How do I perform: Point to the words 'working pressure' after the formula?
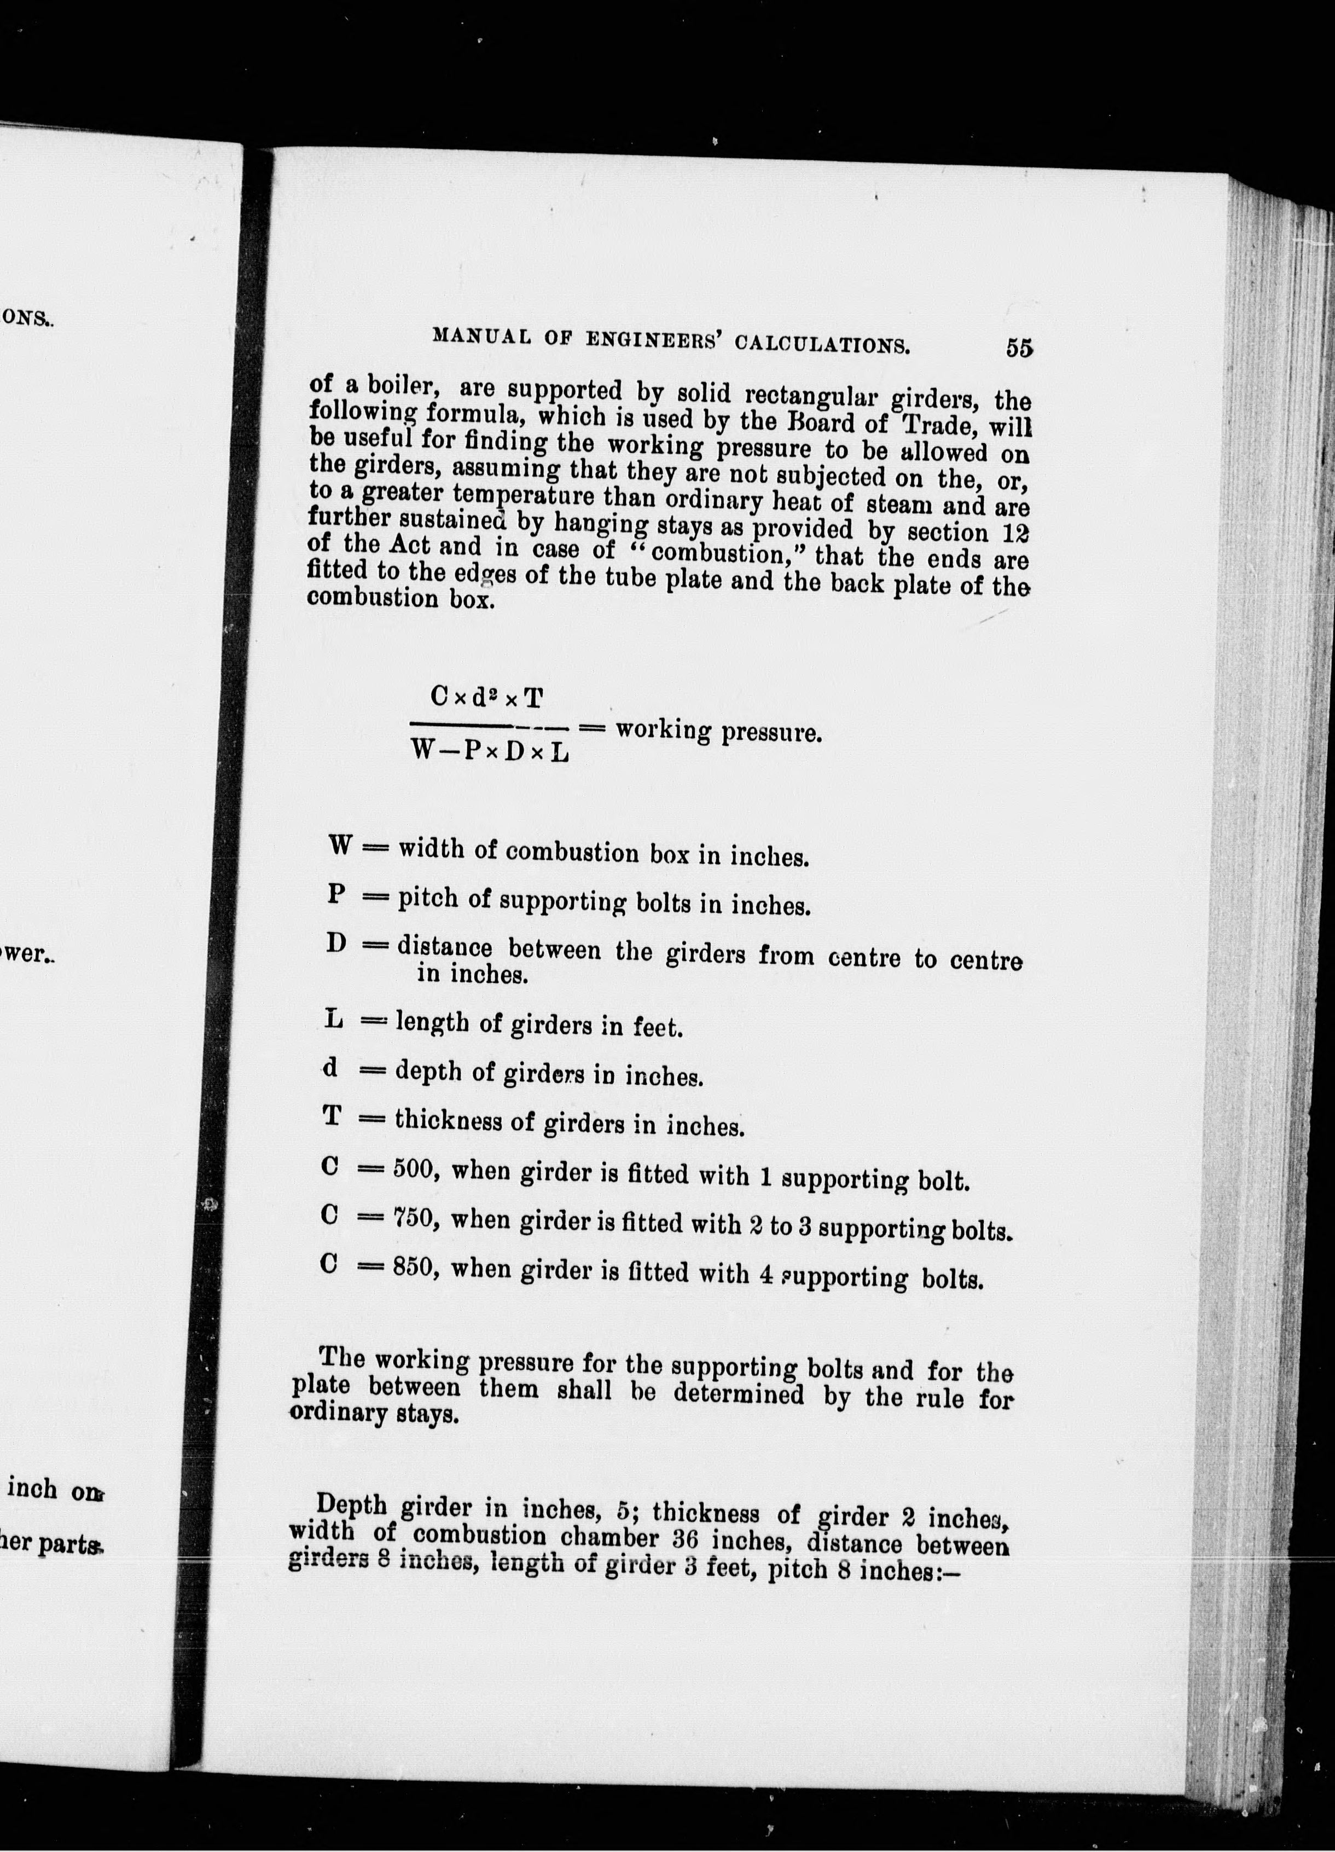tap(718, 731)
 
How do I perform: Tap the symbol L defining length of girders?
tap(332, 1019)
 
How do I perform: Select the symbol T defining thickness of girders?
tap(332, 1115)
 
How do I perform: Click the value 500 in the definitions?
tap(416, 1170)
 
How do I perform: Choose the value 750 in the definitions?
tap(416, 1218)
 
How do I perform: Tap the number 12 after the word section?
tap(1015, 533)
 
